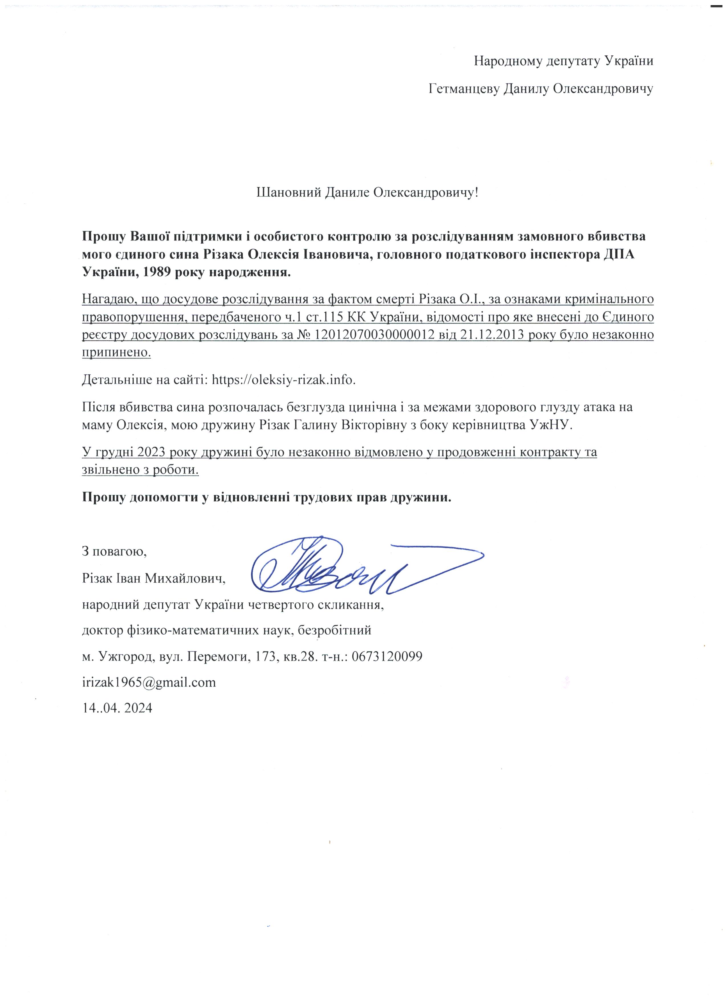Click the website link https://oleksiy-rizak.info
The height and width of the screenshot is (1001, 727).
point(283,380)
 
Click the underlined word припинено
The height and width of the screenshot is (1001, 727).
point(116,353)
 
